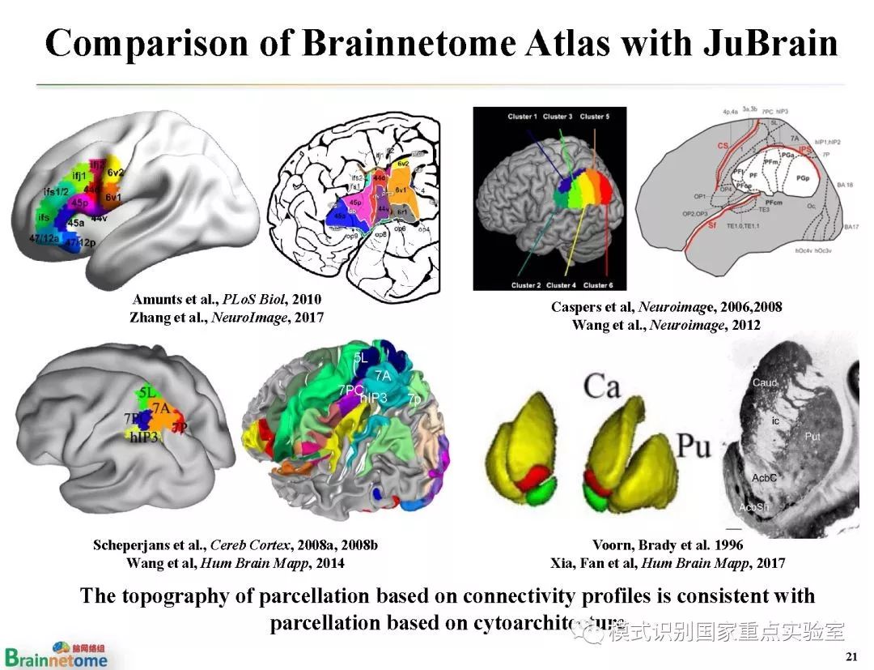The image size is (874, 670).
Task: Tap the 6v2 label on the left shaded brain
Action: (116, 172)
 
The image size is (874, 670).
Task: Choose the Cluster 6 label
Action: (597, 285)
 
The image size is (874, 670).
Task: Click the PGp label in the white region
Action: (803, 177)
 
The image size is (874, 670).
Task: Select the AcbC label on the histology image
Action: (763, 477)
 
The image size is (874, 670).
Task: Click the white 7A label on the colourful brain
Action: (382, 375)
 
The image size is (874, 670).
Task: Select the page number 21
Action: (850, 655)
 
